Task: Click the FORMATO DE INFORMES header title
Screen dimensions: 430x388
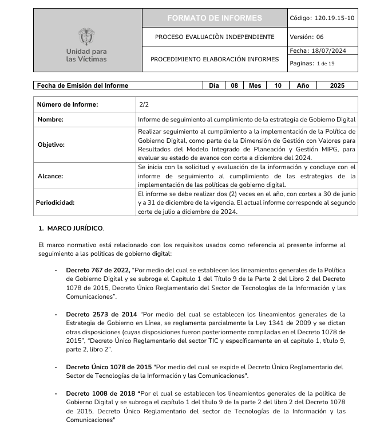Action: [215, 18]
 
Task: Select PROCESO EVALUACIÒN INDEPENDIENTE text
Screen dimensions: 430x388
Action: [215, 37]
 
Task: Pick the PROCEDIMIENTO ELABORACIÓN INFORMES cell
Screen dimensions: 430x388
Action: [215, 59]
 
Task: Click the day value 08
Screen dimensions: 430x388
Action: [234, 85]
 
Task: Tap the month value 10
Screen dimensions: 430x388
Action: [278, 85]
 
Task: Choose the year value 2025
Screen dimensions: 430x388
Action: [338, 85]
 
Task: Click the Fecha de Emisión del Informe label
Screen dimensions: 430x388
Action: [83, 85]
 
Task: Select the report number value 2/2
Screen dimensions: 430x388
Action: [144, 104]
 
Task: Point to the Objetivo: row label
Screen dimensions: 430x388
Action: [52, 144]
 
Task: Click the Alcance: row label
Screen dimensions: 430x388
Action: [50, 176]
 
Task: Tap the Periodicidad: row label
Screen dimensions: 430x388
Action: [56, 202]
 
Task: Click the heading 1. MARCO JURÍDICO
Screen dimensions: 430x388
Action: [71, 228]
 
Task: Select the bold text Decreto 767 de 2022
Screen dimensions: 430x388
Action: [97, 270]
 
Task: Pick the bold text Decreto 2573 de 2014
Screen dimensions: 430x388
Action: [101, 314]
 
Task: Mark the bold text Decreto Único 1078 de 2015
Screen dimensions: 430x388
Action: [109, 366]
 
